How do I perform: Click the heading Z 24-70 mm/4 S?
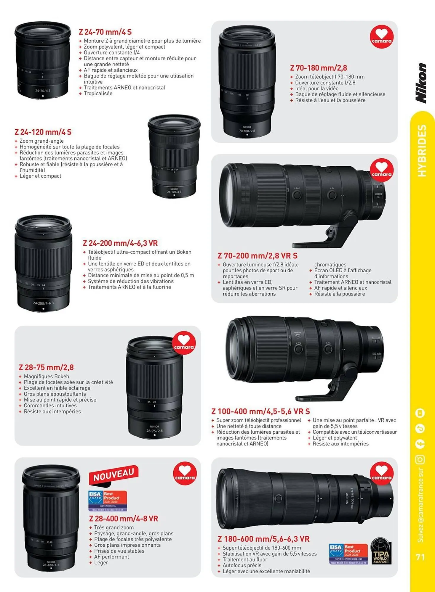coord(105,32)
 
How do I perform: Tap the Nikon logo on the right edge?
coord(421,83)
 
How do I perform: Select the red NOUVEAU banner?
coord(114,474)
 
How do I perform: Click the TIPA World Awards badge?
coord(381,551)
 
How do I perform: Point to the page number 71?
coord(420,557)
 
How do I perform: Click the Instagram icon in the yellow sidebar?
coord(420,459)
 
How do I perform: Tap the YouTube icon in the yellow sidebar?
coord(420,413)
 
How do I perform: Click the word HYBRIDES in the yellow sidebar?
coord(421,151)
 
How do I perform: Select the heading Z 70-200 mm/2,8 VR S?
coord(258,256)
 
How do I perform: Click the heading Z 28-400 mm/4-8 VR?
coord(124,519)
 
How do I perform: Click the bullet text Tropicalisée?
coord(98,94)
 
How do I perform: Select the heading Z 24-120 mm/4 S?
coord(43,132)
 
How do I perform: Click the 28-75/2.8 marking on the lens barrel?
coord(154,431)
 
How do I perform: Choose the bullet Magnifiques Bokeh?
coord(47,376)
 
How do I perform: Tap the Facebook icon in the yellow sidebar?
coord(420,444)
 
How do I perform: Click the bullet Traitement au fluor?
coord(245,559)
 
